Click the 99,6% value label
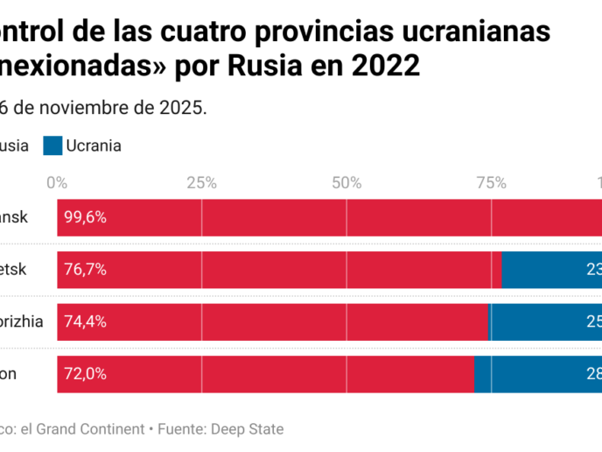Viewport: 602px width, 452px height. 84,217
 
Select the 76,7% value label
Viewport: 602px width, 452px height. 84,270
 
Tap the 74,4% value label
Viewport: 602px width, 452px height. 84,321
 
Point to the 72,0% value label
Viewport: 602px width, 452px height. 84,374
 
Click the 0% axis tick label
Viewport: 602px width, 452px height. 57,182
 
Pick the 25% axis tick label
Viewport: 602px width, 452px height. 201,182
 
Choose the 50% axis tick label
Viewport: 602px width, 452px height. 346,182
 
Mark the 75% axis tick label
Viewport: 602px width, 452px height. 491,182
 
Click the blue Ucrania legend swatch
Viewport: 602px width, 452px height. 52,145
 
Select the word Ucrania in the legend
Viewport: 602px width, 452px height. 94,145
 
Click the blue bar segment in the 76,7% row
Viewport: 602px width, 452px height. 551,270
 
